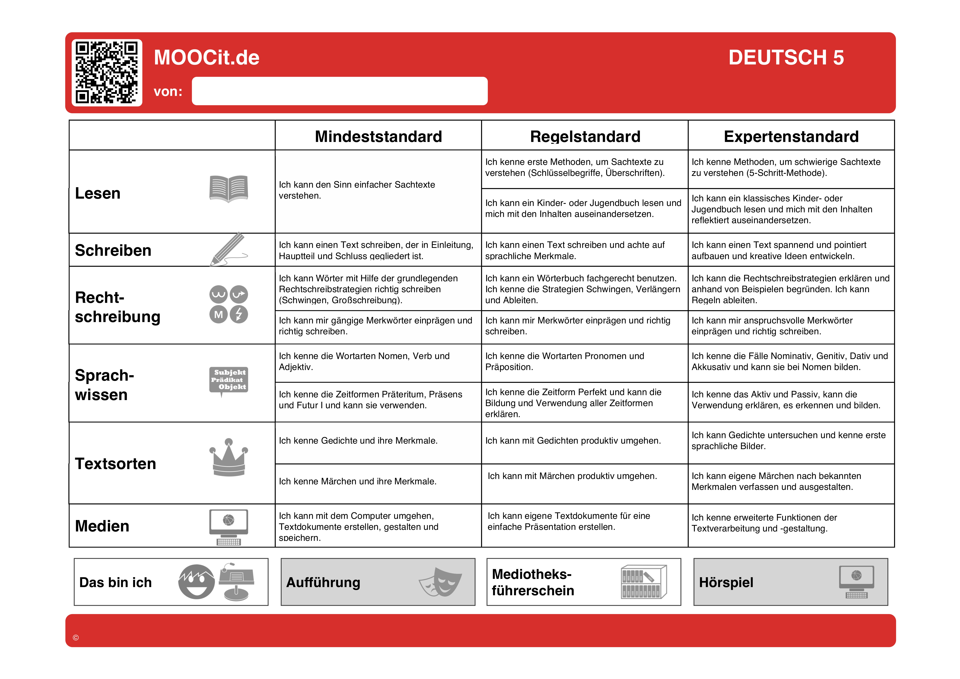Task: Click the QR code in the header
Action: [107, 72]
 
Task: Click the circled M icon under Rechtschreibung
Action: [218, 315]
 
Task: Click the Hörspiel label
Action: [726, 582]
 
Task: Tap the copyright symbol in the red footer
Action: [76, 638]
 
